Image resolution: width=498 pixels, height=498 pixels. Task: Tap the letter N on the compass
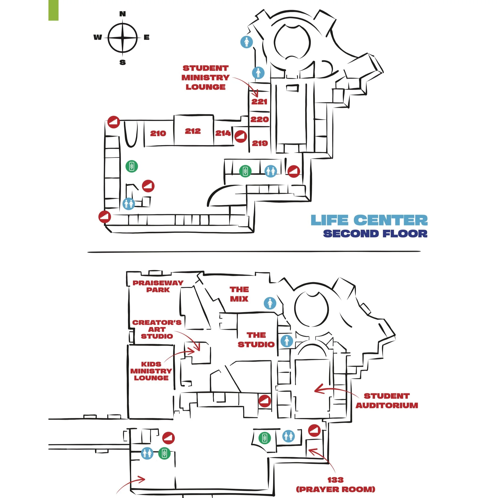(x=123, y=14)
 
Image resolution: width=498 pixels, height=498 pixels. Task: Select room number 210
(x=158, y=133)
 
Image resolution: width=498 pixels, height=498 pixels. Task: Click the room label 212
(x=193, y=131)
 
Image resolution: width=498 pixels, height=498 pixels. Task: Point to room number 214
(x=223, y=133)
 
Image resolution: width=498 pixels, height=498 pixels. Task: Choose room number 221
(x=259, y=102)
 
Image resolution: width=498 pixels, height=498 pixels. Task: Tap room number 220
(x=260, y=119)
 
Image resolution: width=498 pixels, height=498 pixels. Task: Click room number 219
(x=260, y=143)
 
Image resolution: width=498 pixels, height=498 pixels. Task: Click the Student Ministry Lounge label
(x=205, y=78)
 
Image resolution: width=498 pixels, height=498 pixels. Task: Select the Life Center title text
(x=369, y=220)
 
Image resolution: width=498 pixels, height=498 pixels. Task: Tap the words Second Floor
(x=375, y=234)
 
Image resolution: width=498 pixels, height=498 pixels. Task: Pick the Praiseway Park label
(x=158, y=286)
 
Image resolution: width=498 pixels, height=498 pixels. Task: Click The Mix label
(x=239, y=294)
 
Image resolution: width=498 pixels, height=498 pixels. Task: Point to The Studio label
(x=256, y=340)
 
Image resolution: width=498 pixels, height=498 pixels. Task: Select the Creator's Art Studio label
(x=157, y=329)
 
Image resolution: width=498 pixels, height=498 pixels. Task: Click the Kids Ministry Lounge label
(x=151, y=371)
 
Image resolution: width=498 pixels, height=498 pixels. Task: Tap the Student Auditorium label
(x=387, y=401)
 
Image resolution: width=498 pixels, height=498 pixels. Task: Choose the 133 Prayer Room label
(x=335, y=485)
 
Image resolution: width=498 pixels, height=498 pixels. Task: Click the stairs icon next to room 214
(x=241, y=136)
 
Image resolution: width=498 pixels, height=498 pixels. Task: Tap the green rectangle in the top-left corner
(x=53, y=10)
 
